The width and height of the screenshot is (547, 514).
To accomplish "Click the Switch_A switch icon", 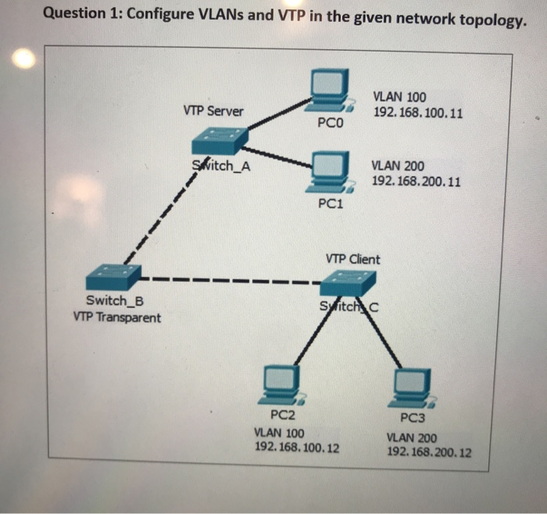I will click(220, 142).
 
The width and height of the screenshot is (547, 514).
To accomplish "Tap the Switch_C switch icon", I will click(348, 282).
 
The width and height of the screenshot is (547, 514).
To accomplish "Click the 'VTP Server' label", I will click(213, 111).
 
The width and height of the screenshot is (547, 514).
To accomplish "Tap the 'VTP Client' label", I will click(352, 259).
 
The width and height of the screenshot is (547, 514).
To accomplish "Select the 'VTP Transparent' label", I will click(116, 318).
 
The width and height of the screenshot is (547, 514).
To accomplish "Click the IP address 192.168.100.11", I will click(417, 113).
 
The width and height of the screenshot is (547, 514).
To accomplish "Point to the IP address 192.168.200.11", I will click(416, 181).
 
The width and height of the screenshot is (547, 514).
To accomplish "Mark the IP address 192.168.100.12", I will click(297, 448).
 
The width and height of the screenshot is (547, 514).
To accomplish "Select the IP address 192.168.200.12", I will click(429, 452).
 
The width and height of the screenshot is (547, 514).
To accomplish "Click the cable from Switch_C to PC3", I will click(381, 337).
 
